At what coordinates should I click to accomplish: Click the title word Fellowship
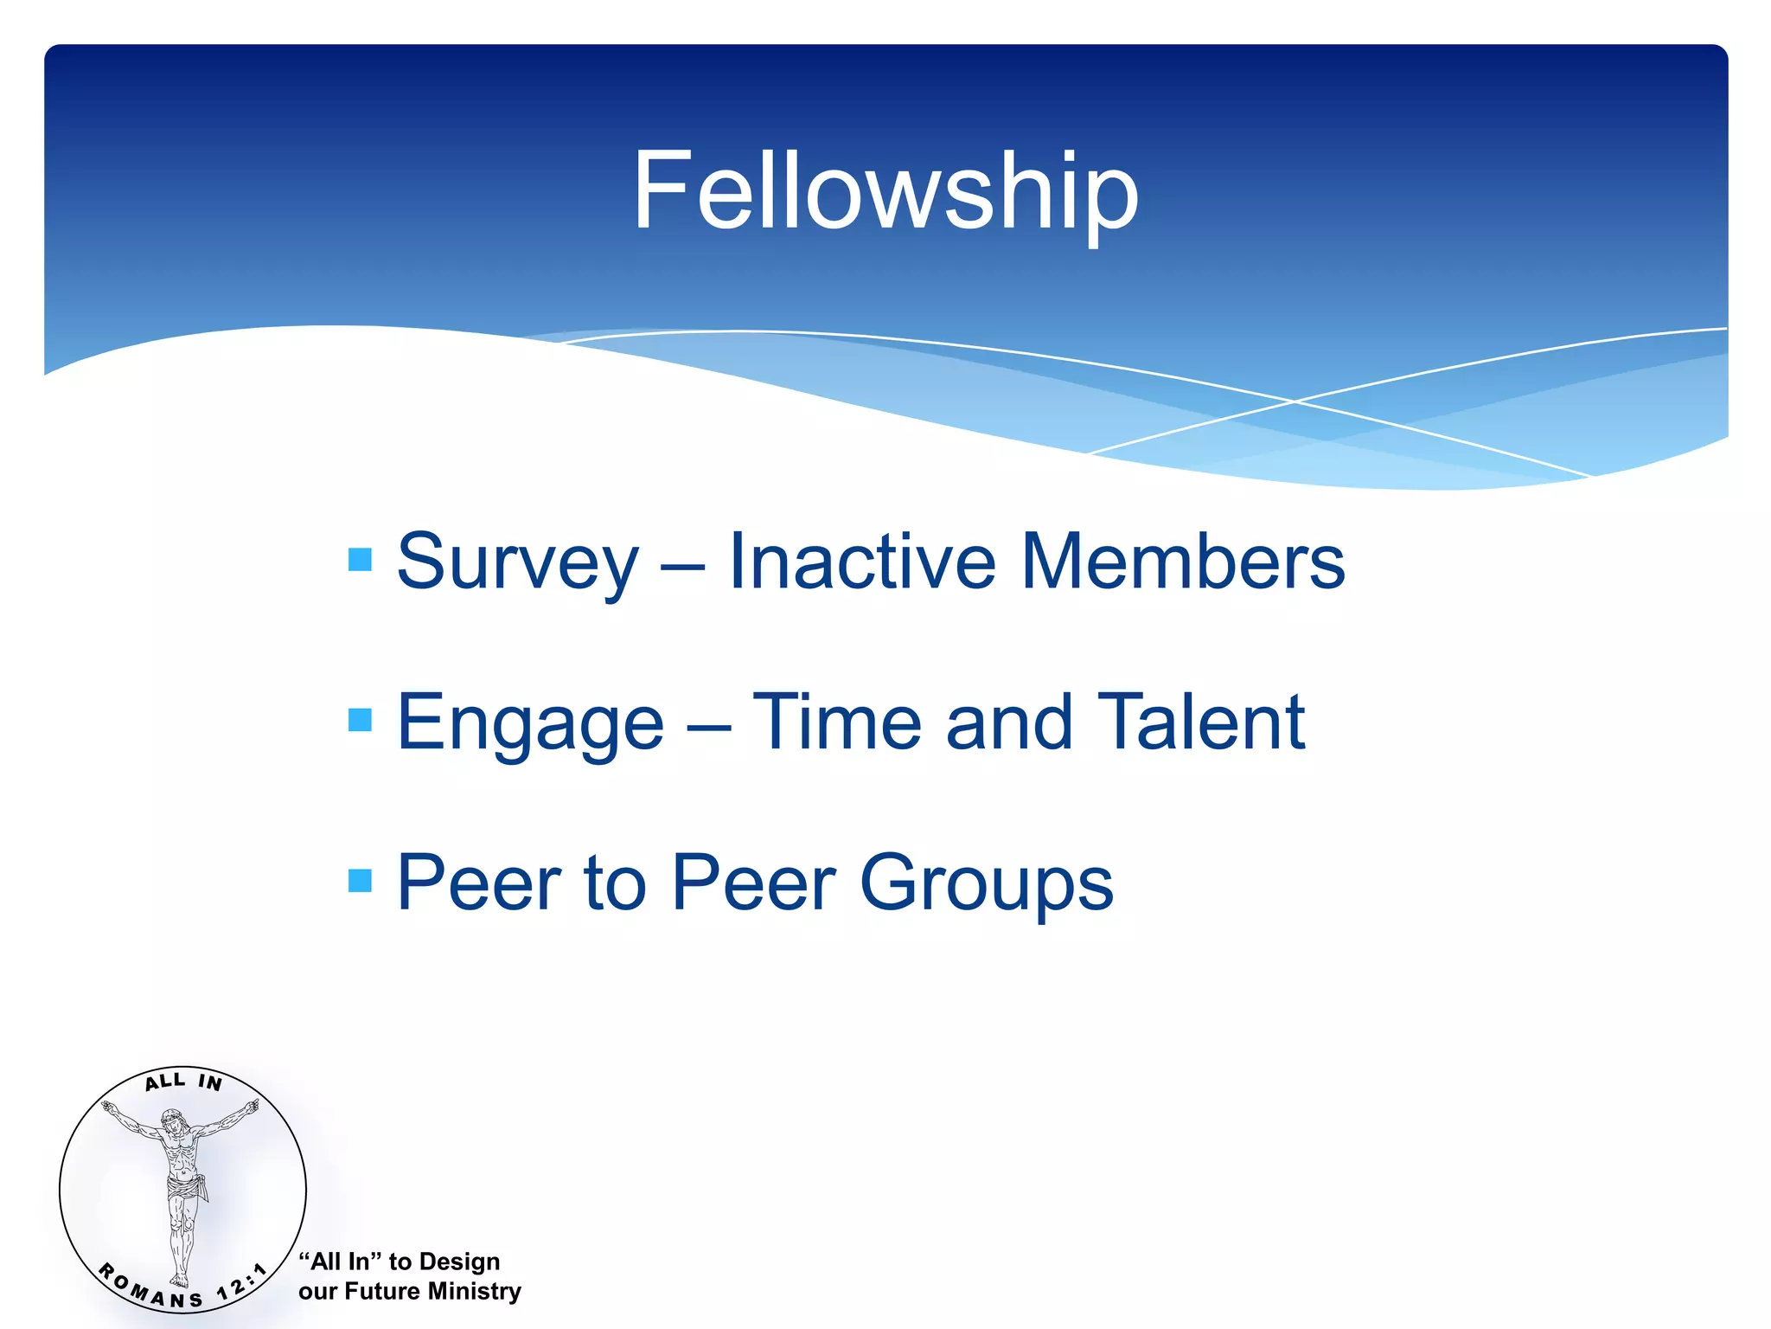(885, 192)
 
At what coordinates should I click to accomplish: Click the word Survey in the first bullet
(517, 562)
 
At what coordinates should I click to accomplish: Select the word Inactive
(861, 562)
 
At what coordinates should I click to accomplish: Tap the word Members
(1183, 562)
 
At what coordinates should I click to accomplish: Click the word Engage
(529, 723)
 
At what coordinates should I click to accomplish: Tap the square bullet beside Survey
(360, 560)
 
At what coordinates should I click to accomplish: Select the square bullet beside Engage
(360, 720)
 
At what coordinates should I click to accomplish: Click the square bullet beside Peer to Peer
(360, 881)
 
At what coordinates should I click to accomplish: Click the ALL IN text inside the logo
(183, 1082)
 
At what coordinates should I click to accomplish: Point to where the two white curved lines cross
(1295, 401)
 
